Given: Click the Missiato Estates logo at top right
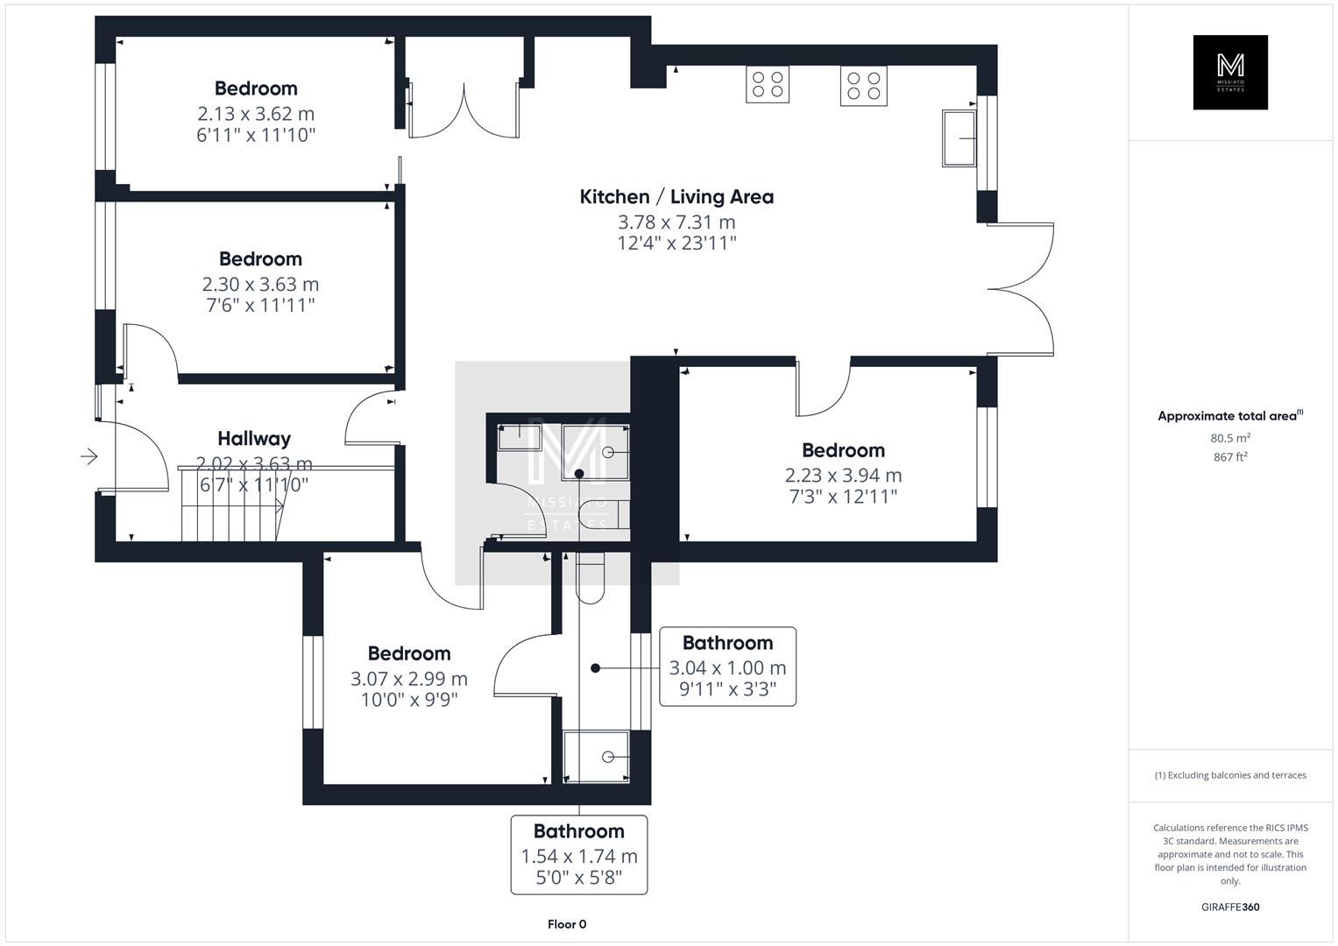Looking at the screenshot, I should click(x=1230, y=72).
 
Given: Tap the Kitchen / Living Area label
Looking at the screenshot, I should click(x=676, y=197).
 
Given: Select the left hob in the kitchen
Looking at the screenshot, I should click(x=768, y=85).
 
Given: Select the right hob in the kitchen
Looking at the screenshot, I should click(x=863, y=85).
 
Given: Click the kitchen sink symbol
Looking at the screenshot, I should click(x=959, y=138).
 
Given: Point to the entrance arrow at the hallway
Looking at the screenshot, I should click(x=88, y=456).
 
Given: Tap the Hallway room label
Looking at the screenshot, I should click(x=254, y=439).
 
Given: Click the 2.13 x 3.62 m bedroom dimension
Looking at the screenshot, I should click(x=256, y=114).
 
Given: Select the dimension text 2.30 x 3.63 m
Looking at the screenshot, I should click(x=260, y=285).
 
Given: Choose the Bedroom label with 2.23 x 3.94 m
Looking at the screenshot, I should click(x=843, y=450).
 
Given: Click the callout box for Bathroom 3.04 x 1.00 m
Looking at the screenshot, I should click(x=727, y=667).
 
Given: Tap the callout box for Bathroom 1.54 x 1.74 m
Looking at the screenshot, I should click(x=579, y=855).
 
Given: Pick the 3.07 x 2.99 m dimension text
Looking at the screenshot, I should click(x=409, y=679).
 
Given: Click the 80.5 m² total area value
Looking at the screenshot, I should click(x=1230, y=438).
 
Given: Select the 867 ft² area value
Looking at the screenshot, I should click(x=1230, y=456).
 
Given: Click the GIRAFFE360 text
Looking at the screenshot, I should click(x=1230, y=907).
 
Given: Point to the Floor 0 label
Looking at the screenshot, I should click(x=567, y=924).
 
